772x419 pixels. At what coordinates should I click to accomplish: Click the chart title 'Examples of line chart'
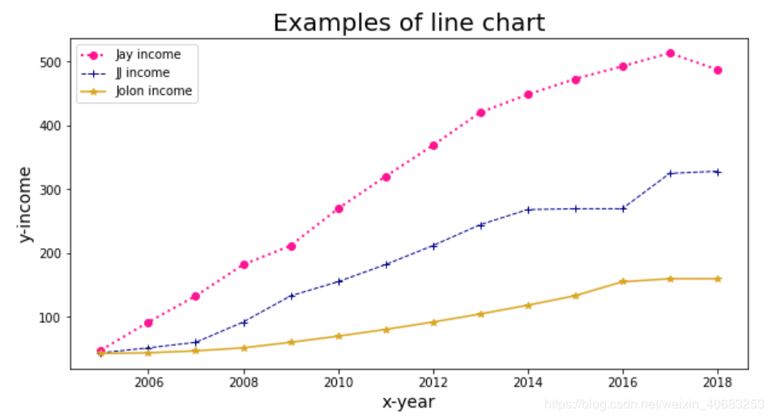point(408,23)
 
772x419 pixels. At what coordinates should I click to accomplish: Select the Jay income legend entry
point(148,55)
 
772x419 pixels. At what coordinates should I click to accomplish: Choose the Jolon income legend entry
point(154,91)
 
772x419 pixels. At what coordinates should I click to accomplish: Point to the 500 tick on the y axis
point(51,62)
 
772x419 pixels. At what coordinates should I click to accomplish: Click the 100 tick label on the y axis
point(51,317)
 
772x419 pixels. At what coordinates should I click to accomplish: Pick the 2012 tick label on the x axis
point(433,382)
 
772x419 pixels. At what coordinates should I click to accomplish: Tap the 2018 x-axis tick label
point(718,382)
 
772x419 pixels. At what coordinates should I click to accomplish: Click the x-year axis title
point(408,401)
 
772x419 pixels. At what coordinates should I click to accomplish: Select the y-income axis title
point(26,203)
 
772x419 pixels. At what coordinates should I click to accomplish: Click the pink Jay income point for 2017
point(670,53)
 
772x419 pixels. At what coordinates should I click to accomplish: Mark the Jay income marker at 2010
point(339,208)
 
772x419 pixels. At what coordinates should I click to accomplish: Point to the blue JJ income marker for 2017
point(670,173)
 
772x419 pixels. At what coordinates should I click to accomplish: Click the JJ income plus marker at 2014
point(528,209)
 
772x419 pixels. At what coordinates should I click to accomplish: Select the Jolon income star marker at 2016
point(623,281)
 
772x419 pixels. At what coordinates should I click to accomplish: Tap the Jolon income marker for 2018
point(718,279)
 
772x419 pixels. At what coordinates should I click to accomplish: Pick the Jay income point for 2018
point(718,71)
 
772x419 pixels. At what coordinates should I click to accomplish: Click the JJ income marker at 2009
point(291,296)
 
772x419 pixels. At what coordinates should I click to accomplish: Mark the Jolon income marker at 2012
point(433,322)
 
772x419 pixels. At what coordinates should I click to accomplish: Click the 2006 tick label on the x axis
point(148,382)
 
